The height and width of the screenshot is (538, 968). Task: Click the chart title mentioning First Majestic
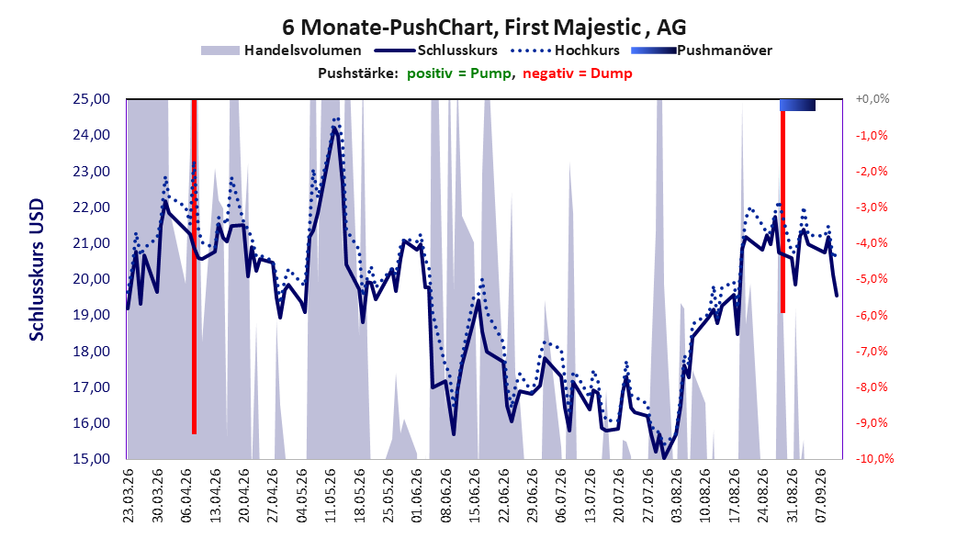484,28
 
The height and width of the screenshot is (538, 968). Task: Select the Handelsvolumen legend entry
281,50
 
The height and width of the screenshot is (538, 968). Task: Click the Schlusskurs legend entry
436,50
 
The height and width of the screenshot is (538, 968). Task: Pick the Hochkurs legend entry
565,50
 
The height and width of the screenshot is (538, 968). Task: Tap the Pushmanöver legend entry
702,50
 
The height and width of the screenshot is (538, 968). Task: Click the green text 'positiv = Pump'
459,73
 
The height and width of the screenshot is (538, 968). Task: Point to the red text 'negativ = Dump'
578,73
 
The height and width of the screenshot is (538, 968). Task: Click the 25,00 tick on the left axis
91,99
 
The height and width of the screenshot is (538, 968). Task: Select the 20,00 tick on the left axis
91,279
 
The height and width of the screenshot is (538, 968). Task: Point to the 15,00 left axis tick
91,459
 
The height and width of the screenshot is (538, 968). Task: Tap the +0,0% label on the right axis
872,99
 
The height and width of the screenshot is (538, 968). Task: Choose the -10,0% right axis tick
874,459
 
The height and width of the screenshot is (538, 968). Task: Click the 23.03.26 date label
129,496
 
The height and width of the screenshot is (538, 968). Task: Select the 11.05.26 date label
331,496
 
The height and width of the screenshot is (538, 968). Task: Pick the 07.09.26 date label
822,496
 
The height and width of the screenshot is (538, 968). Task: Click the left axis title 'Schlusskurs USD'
37,270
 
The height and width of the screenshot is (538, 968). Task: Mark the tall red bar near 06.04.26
194,266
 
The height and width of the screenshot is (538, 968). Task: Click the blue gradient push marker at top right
797,105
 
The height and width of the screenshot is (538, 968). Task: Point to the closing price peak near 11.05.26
334,128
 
